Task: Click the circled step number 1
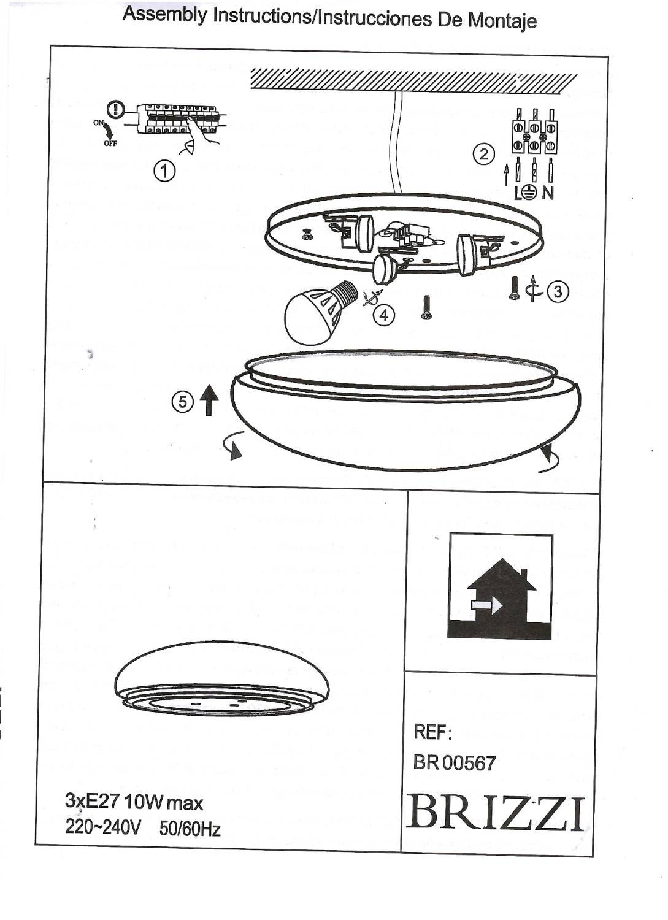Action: point(164,171)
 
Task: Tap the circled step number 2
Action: point(483,154)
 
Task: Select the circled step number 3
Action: point(558,291)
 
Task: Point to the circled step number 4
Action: point(384,315)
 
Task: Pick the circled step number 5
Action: point(182,402)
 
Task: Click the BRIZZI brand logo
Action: point(496,813)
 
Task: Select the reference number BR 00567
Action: point(455,763)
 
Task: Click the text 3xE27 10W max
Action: point(134,802)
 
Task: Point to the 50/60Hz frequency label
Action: point(190,829)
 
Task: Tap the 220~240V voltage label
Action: point(103,827)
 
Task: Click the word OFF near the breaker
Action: point(110,144)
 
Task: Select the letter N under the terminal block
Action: point(548,193)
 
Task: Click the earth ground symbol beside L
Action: point(531,193)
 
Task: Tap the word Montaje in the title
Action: point(502,20)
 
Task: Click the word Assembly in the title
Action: point(165,13)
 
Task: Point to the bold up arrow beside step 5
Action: point(209,400)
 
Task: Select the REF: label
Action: point(433,732)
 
